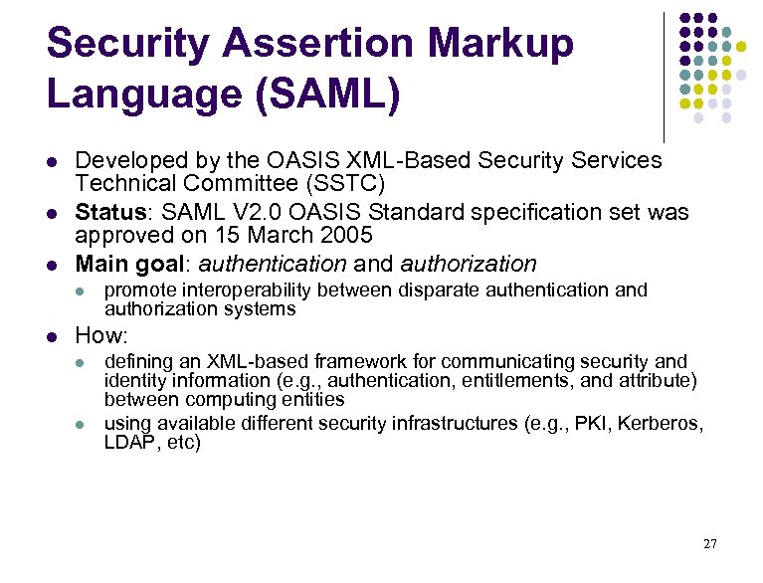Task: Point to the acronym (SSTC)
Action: (347, 183)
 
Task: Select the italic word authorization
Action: (469, 264)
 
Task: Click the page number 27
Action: (709, 543)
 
